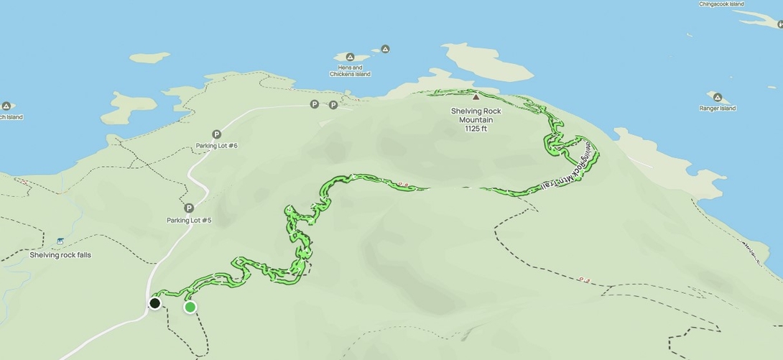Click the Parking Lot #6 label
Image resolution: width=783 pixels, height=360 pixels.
216,146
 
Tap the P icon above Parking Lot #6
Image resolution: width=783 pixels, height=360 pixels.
216,134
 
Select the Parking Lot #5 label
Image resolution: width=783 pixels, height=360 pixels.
189,220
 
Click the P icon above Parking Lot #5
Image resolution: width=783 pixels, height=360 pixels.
189,208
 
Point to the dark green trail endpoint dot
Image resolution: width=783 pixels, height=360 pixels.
154,303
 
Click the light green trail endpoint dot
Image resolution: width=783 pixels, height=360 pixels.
190,308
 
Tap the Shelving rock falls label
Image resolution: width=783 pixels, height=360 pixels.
60,254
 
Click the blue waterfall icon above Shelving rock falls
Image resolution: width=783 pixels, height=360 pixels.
60,241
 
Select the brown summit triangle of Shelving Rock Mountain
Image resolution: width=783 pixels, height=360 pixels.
476,96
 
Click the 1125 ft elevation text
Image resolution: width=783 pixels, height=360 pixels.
476,129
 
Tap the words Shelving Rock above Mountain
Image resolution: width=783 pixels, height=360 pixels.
476,111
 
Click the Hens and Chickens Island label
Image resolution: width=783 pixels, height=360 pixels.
350,70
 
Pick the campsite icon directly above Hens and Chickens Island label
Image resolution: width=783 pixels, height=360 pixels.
350,57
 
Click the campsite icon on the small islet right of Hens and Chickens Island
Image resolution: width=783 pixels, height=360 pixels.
385,50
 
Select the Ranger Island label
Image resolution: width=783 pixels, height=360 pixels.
717,109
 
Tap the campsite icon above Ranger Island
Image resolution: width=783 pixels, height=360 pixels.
717,96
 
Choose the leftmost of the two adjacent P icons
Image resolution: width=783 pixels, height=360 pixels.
314,105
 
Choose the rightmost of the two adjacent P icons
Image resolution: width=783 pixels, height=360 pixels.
333,105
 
